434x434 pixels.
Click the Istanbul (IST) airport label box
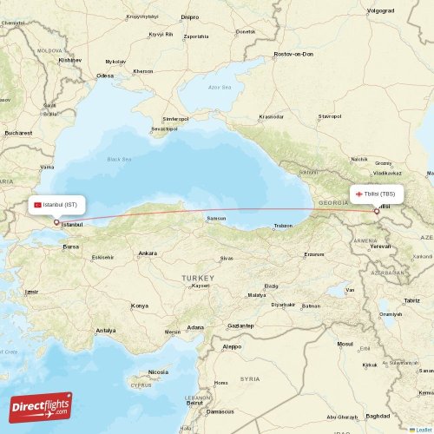[58, 205]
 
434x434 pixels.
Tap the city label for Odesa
[105, 76]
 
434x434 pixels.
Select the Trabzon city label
[283, 226]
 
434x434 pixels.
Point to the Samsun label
[215, 218]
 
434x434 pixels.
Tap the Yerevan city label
[380, 246]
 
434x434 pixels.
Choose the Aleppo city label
[232, 345]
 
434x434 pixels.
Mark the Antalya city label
[106, 331]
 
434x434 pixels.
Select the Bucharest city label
[17, 133]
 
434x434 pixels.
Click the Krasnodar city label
[271, 116]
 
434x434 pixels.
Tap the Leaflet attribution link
[423, 429]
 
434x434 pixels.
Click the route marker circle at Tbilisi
[376, 210]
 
